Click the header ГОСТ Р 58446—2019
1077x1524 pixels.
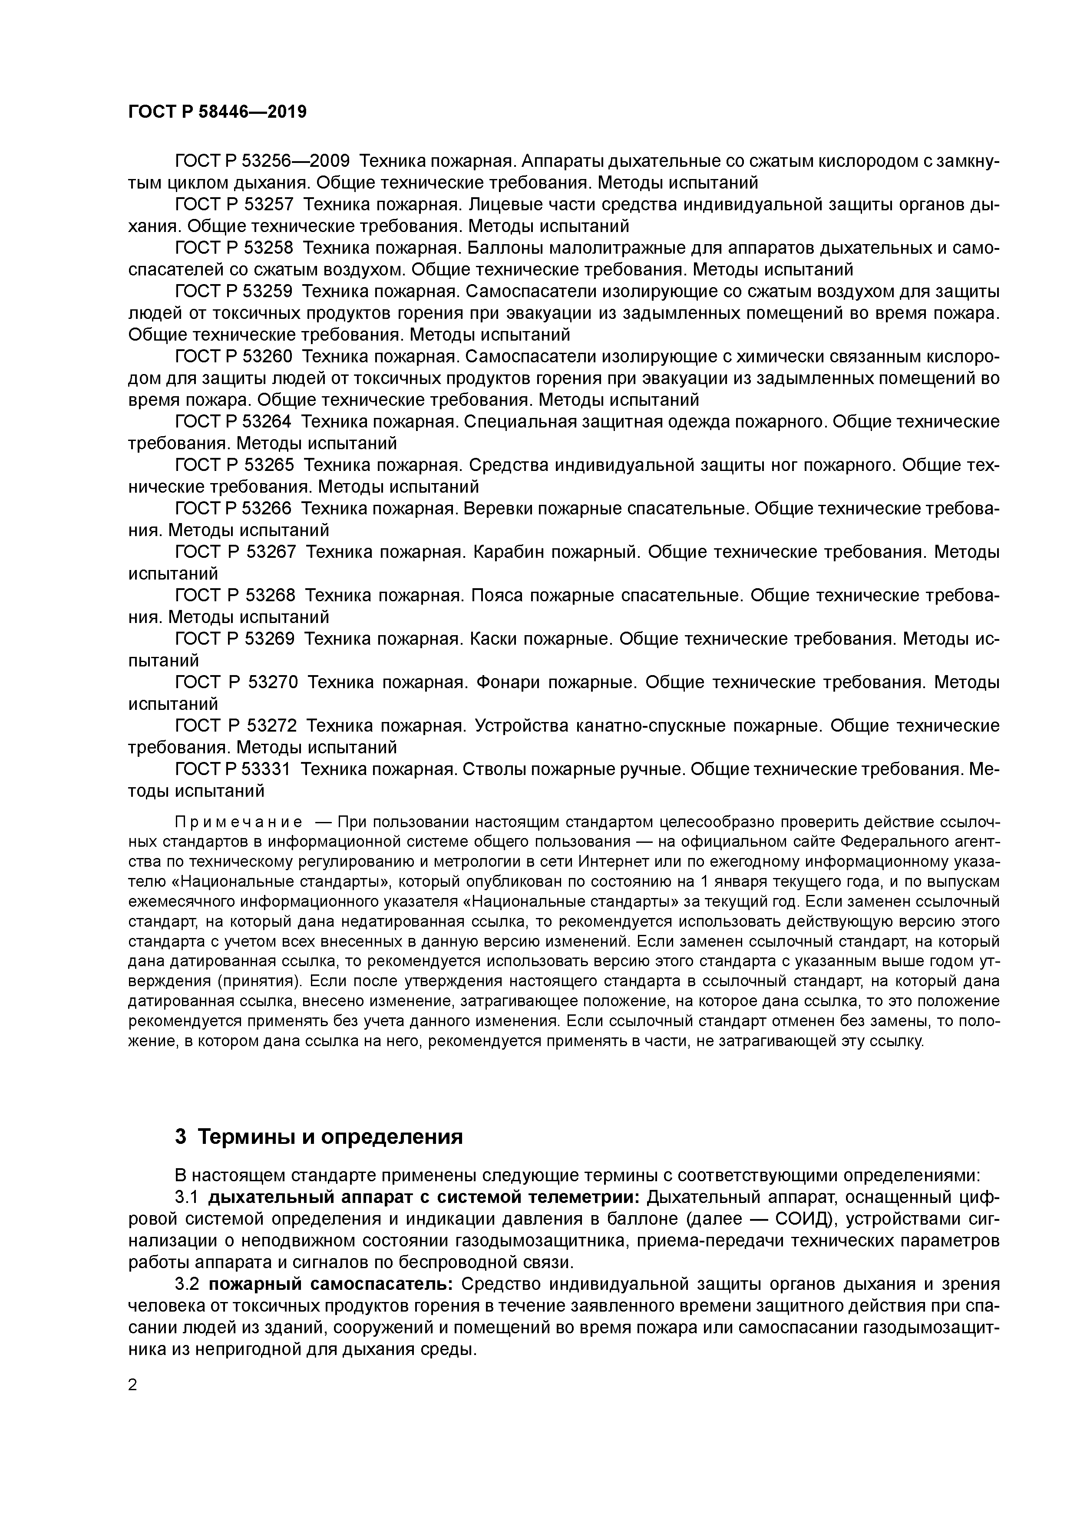217,112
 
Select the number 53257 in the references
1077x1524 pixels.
268,205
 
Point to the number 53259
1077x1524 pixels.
268,292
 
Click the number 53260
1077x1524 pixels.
268,357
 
